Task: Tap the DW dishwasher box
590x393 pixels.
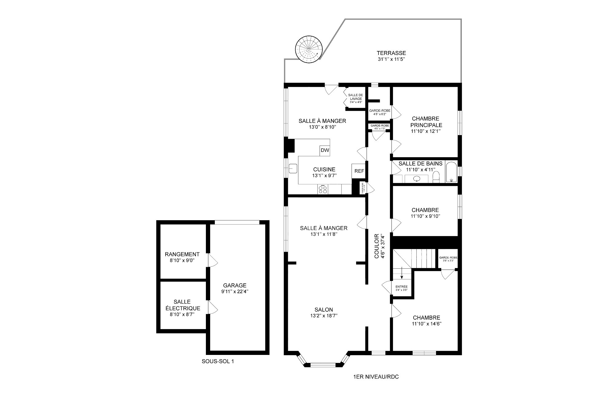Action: click(325, 150)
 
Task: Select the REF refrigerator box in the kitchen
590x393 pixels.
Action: click(359, 171)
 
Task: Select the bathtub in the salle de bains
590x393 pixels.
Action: click(451, 172)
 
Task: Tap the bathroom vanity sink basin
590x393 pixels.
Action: click(417, 179)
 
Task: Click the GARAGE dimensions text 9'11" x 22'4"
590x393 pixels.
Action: click(235, 292)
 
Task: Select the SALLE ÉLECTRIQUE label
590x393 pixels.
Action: click(182, 305)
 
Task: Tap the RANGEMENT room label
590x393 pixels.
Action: click(182, 254)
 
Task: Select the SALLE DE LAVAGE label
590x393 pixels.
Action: click(356, 97)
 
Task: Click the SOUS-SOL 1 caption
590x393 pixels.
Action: click(218, 361)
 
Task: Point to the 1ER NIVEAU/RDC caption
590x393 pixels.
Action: click(376, 377)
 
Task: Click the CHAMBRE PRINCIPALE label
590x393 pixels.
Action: click(425, 122)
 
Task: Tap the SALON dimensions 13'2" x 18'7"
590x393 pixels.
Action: click(324, 315)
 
